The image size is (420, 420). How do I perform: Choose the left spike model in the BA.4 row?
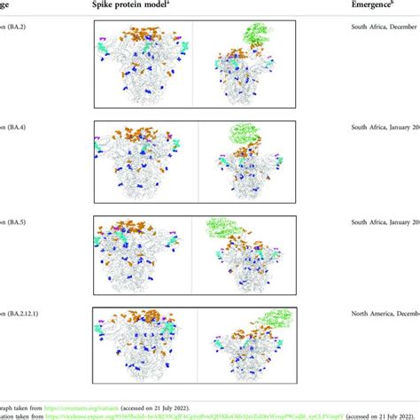(x=144, y=160)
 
